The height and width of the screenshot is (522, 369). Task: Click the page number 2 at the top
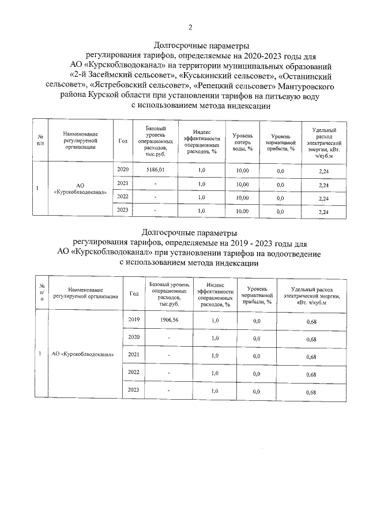point(190,27)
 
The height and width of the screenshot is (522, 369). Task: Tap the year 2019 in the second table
point(134,320)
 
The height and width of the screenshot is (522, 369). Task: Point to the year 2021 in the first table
point(122,183)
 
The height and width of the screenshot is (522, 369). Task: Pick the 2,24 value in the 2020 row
point(323,171)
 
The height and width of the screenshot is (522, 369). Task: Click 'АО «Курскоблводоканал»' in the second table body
point(83,354)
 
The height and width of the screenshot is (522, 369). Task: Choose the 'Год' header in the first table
point(122,140)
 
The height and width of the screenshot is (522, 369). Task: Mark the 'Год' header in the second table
point(134,293)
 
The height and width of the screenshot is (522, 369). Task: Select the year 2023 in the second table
point(134,391)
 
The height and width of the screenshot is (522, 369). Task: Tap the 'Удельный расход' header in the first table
point(323,141)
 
